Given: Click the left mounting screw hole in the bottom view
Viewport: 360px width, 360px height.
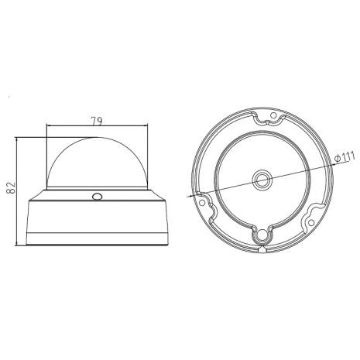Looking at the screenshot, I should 203,199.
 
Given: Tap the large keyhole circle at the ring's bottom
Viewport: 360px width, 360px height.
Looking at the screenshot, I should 264,235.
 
